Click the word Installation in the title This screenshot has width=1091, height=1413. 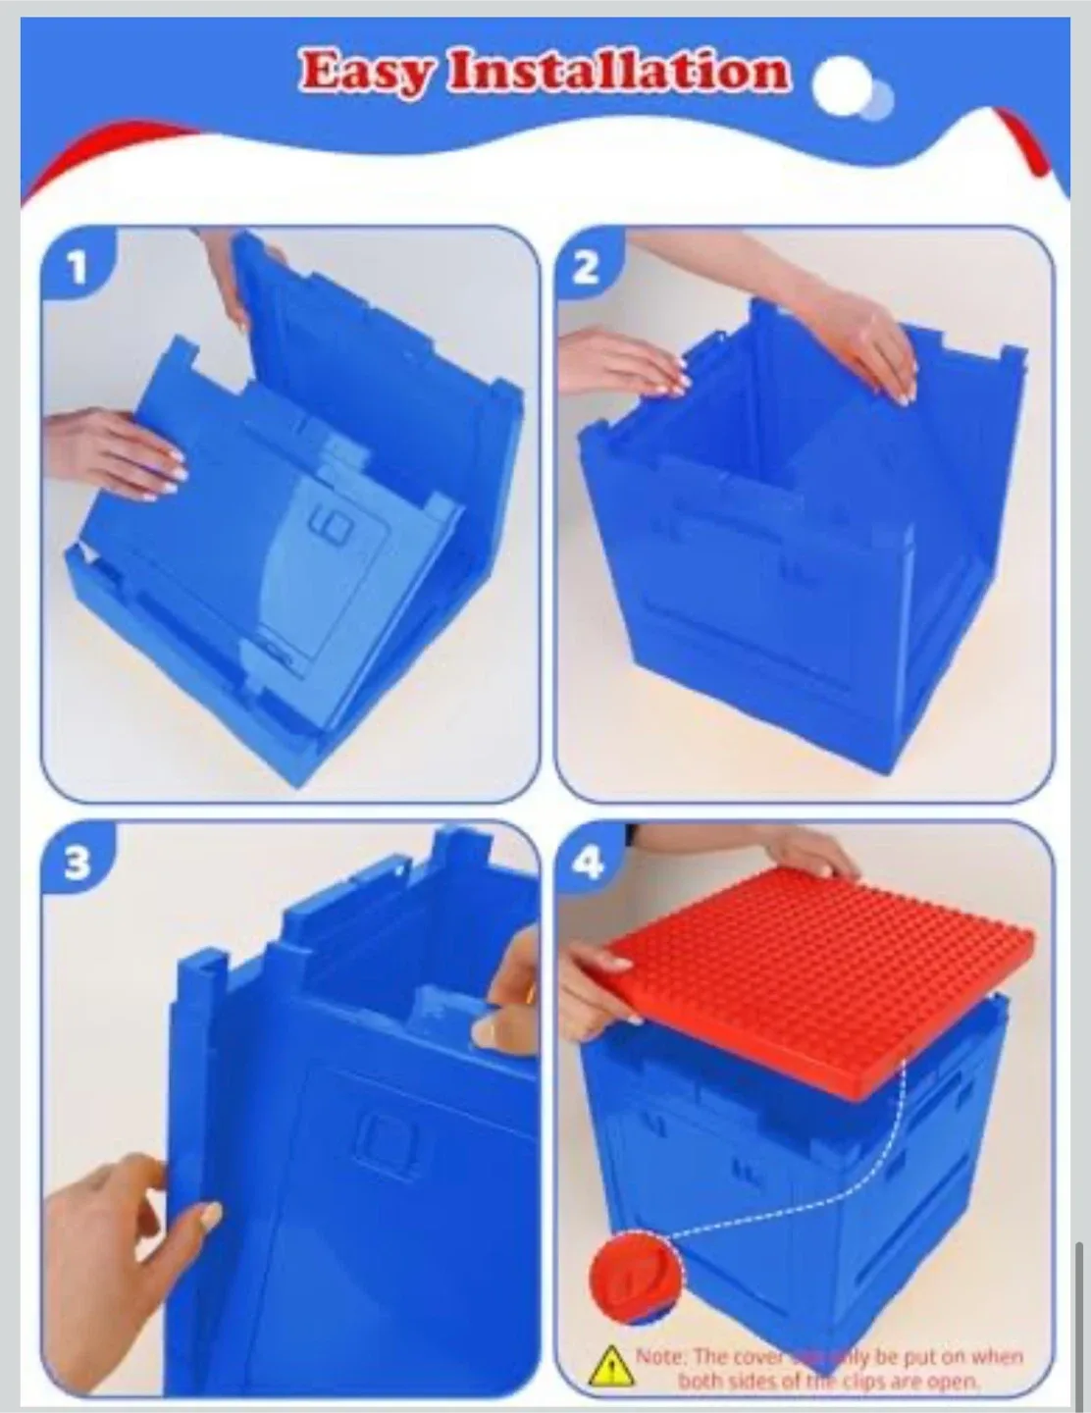click(x=618, y=72)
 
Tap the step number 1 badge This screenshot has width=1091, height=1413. click(x=78, y=267)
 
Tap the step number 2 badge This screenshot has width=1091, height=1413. click(x=586, y=267)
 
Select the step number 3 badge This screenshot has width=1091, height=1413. click(x=78, y=863)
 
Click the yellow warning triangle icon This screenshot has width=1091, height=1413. click(x=610, y=1365)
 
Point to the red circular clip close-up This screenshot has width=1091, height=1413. click(x=635, y=1277)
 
